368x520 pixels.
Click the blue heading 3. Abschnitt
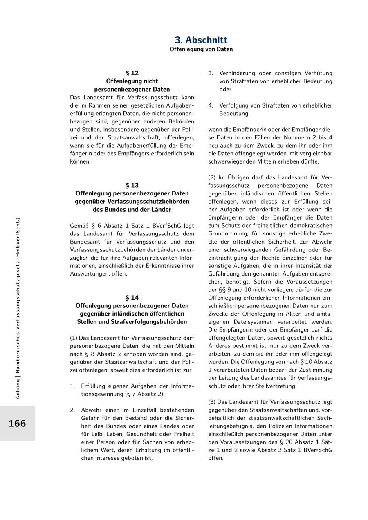tap(201, 40)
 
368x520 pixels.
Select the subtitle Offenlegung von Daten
tap(201, 49)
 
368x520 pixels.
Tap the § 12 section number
tap(132, 73)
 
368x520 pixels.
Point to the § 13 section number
tap(132, 185)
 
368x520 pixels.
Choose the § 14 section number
tap(132, 298)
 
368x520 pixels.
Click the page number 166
tap(17, 424)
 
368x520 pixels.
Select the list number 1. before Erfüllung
tap(72, 386)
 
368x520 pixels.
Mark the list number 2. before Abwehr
tap(72, 410)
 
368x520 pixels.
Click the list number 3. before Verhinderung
tap(211, 73)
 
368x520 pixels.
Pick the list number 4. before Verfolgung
tap(211, 105)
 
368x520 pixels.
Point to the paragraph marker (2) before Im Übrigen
tap(212, 177)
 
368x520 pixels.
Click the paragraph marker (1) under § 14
tap(74, 338)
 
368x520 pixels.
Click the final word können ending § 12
tap(80, 161)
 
